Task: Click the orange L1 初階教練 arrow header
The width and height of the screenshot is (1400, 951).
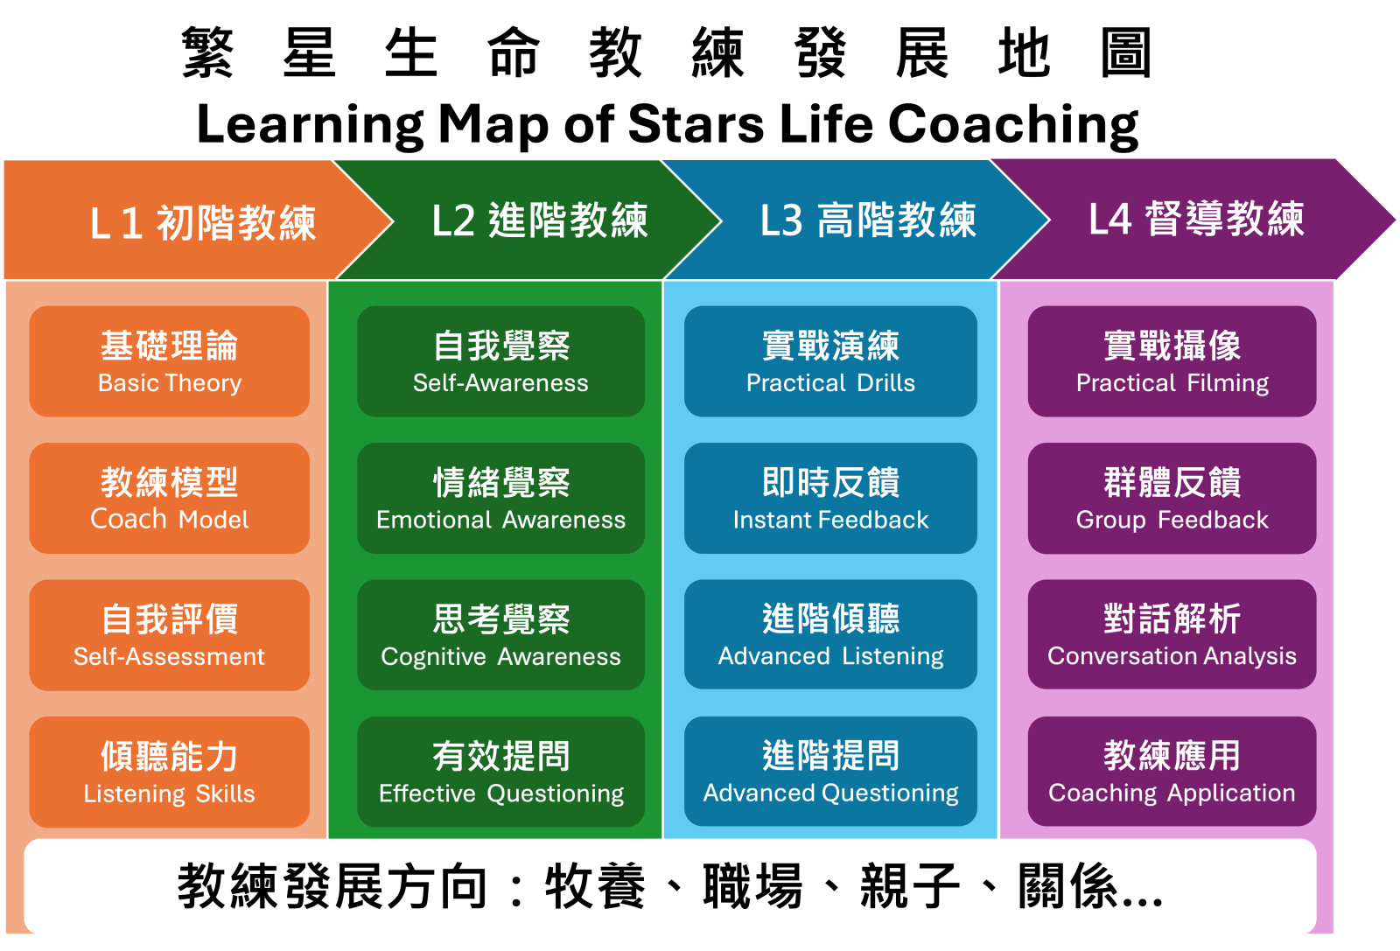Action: (x=187, y=220)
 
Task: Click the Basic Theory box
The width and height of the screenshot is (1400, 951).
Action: (x=170, y=361)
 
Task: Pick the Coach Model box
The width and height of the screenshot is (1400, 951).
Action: (x=170, y=498)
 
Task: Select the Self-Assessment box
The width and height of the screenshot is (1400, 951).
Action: (x=170, y=635)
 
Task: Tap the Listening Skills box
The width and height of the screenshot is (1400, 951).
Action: (x=170, y=772)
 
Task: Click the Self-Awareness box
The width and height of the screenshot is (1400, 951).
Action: (x=500, y=361)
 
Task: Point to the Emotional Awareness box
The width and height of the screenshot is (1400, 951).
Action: (x=500, y=498)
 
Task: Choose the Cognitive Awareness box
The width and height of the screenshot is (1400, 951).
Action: (x=500, y=635)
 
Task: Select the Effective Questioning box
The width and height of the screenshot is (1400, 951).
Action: (x=500, y=772)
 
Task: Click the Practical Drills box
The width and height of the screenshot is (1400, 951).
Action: (x=830, y=361)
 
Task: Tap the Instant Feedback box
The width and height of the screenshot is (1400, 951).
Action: (x=830, y=498)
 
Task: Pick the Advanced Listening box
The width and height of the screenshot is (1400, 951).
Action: (x=830, y=634)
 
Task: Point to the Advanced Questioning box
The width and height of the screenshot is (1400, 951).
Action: (x=830, y=771)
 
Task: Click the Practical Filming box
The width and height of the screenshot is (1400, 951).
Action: (x=1172, y=361)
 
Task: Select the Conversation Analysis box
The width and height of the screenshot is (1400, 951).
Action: (x=1172, y=634)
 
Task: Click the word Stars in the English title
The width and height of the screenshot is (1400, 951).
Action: (x=696, y=123)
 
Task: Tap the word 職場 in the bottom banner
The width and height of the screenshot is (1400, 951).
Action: (x=752, y=885)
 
